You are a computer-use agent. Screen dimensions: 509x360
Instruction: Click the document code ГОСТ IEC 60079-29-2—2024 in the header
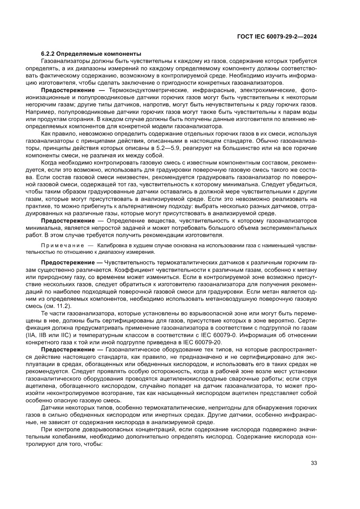click(x=276, y=37)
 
